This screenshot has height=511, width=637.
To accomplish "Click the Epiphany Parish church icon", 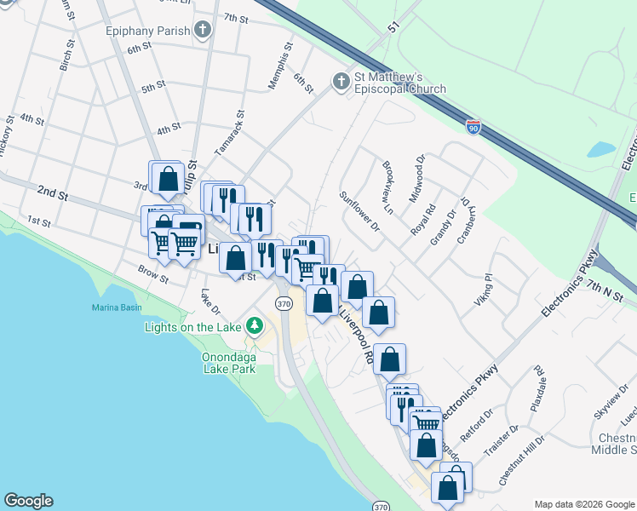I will (x=203, y=31).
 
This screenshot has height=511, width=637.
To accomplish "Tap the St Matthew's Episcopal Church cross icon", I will (x=341, y=82).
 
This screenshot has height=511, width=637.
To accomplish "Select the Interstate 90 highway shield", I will (x=473, y=128).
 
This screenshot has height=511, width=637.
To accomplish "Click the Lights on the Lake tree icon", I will (x=253, y=326).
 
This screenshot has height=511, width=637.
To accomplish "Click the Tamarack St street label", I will (x=229, y=132).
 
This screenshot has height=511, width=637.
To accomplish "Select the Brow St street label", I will (x=153, y=274).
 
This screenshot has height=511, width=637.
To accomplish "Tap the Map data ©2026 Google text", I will (x=583, y=504).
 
